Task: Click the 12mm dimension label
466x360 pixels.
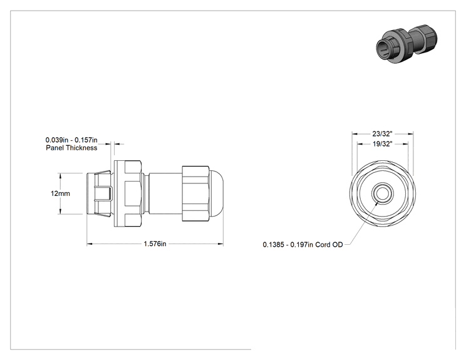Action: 60,193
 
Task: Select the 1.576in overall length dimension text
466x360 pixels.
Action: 155,244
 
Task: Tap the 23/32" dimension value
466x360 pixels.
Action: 383,134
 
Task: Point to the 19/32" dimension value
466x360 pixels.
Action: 383,144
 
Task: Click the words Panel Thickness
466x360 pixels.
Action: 71,148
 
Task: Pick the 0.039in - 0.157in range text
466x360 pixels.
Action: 71,140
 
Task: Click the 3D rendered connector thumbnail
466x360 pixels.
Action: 406,44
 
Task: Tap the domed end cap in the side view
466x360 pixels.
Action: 217,193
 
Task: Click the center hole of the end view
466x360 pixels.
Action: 383,193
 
